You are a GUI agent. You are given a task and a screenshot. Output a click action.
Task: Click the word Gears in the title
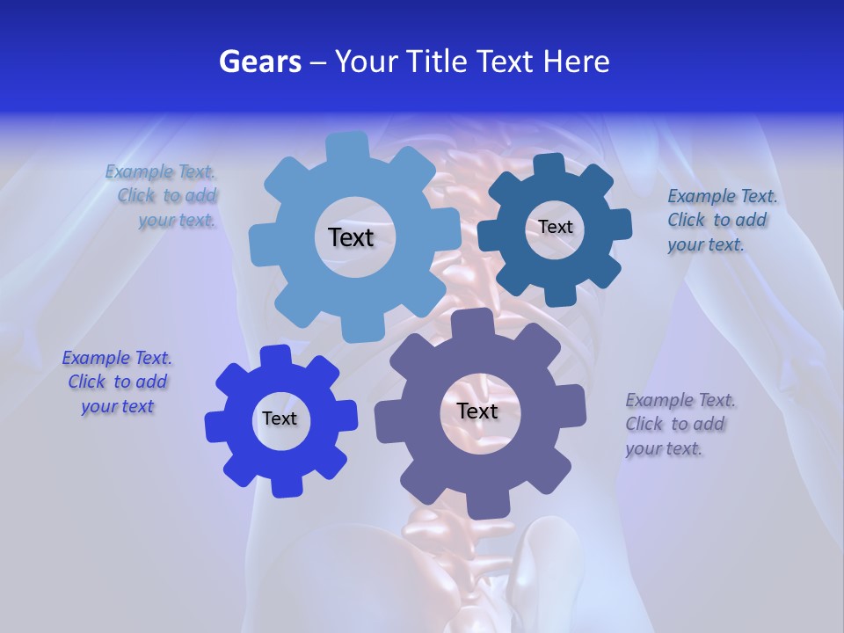click(x=259, y=62)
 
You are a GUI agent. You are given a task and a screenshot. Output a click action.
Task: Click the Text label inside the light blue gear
click(x=351, y=237)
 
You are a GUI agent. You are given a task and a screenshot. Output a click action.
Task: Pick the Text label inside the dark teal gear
click(x=555, y=227)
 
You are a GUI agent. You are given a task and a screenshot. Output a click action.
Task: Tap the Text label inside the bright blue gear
click(x=280, y=418)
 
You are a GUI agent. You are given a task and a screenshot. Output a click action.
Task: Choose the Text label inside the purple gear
click(x=477, y=411)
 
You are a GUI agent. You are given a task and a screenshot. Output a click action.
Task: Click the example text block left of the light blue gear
click(x=162, y=196)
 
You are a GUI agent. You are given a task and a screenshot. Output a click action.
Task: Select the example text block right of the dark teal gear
click(x=722, y=220)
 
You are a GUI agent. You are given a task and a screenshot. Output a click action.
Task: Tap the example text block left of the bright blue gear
click(x=117, y=382)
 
